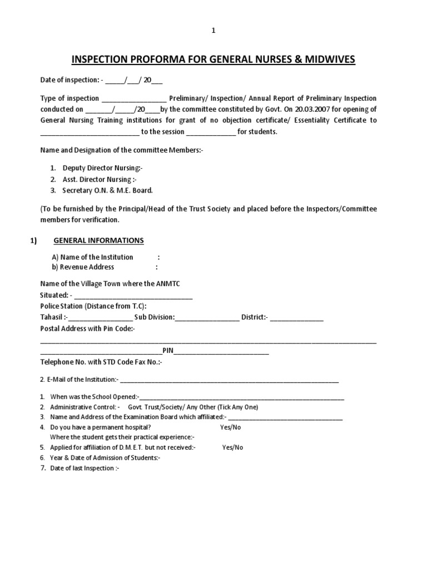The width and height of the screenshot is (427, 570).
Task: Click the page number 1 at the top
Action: [213, 31]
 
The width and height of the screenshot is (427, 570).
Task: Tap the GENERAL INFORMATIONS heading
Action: [98, 240]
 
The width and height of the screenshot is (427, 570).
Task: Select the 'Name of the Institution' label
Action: [92, 257]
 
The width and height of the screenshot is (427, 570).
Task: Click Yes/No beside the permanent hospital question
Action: [230, 427]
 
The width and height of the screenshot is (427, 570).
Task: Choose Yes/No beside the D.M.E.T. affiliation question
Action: [232, 447]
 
